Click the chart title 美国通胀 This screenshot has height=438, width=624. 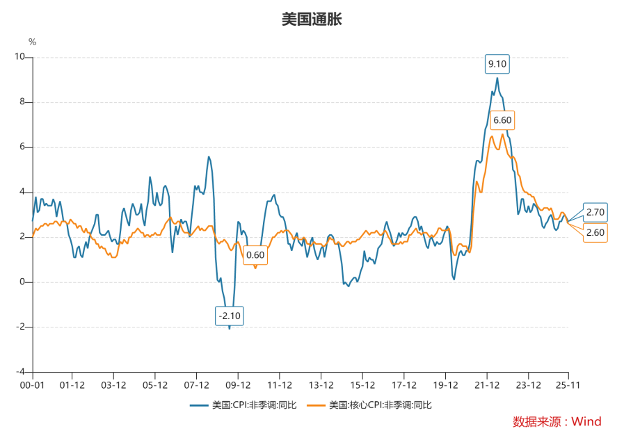[x=312, y=19]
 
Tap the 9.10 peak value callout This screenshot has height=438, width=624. [x=497, y=65]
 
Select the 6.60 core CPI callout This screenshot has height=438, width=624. [x=502, y=121]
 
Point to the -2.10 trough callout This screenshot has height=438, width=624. [x=230, y=316]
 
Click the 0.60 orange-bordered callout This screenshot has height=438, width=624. [x=255, y=255]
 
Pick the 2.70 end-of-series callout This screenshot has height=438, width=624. [x=595, y=212]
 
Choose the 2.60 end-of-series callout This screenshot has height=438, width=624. [x=595, y=232]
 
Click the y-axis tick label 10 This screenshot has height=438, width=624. [x=19, y=58]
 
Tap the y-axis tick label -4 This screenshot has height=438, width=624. [x=20, y=372]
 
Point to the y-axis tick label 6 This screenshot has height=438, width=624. [x=22, y=147]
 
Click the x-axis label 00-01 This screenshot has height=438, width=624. [x=32, y=384]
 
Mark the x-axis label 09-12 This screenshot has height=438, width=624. [x=238, y=384]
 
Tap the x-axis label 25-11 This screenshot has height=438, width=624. [x=568, y=384]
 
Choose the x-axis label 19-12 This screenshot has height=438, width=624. [x=445, y=384]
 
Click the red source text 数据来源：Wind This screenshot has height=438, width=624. [x=557, y=421]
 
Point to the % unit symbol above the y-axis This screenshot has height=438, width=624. [x=32, y=42]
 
